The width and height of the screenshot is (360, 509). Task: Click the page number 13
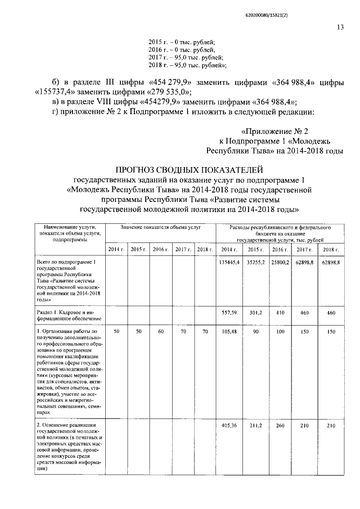pyautogui.click(x=340, y=26)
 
